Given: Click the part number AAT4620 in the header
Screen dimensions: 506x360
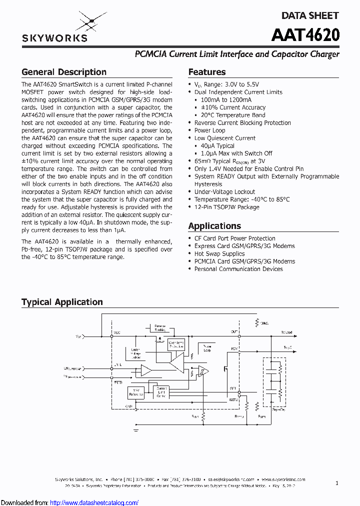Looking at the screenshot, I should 305,35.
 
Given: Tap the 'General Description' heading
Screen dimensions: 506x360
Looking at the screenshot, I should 64,72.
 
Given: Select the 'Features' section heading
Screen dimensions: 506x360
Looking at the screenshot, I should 207,72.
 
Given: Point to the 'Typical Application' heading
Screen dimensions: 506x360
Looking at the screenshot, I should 62,302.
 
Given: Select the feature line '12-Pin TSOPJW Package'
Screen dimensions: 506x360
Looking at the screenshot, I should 227,207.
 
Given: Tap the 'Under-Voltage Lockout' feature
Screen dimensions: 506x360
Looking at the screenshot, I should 224,192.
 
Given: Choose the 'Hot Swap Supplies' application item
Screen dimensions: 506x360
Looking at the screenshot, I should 219,254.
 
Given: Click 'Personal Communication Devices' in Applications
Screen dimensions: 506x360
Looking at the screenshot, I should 238,269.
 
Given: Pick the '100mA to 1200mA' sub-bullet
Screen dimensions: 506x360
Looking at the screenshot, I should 226,100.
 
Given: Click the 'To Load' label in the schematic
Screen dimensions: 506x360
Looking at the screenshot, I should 287,332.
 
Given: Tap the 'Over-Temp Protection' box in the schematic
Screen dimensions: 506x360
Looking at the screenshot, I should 176,343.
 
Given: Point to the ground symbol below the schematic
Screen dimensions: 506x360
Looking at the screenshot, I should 136,429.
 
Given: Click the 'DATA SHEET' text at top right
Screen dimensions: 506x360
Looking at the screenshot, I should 310,15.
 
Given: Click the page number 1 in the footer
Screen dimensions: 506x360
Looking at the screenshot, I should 337,483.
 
